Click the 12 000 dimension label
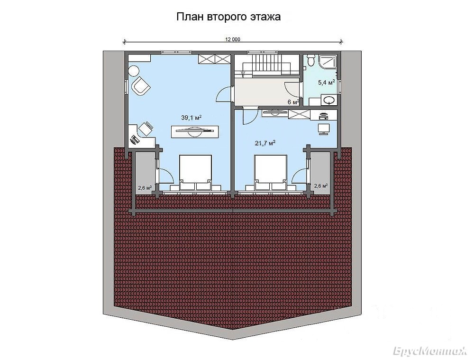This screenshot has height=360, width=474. point(232,39)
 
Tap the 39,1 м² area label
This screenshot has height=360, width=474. point(191,118)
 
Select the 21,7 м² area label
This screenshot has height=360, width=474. point(265,143)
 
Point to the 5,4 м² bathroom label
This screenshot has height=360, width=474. point(327,82)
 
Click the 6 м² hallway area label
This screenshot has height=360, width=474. point(293,102)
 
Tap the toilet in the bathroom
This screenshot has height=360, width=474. point(310,60)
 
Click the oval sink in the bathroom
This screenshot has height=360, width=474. point(329,100)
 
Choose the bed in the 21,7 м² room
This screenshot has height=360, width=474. point(271,173)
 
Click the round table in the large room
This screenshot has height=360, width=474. point(133,72)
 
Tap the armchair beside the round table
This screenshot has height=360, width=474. point(141,86)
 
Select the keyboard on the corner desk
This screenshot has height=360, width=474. point(134,139)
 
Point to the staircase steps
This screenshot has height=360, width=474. point(263,64)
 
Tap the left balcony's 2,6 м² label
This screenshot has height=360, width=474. point(145,188)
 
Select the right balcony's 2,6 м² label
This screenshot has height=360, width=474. point(321,186)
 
